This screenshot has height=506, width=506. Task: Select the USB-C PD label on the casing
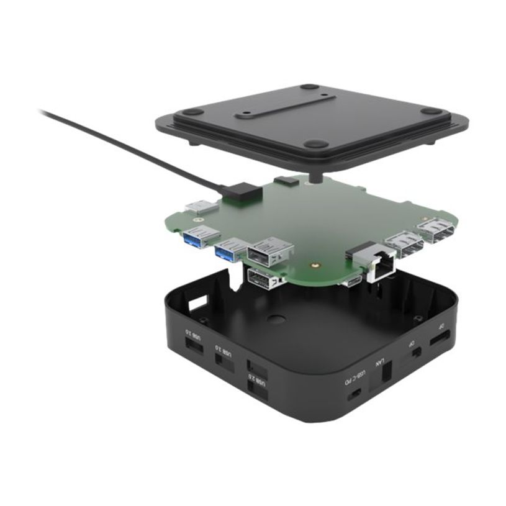356,377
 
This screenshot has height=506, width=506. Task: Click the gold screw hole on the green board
316,263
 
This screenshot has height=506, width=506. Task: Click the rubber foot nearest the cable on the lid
193,112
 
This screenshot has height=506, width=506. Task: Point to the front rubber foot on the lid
315,143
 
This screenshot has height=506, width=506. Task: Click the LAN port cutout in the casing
386,372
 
